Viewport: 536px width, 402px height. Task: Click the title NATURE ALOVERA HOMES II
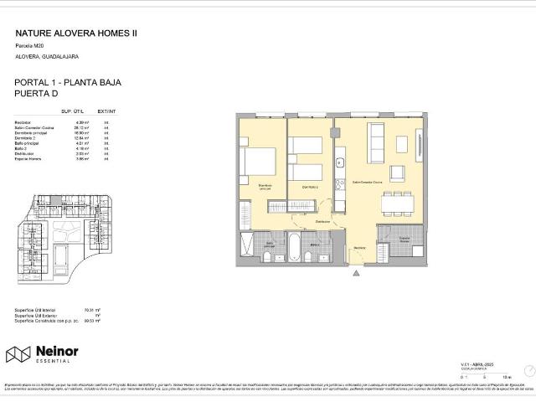76,34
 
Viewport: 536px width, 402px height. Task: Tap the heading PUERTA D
39,95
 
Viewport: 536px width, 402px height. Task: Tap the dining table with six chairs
398,204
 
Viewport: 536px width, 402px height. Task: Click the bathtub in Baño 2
295,246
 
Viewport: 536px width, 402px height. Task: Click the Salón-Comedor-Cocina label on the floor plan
367,182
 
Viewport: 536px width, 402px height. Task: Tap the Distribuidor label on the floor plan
322,222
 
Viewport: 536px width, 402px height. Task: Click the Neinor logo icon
18,355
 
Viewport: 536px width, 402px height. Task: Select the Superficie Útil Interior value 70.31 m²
92,310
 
